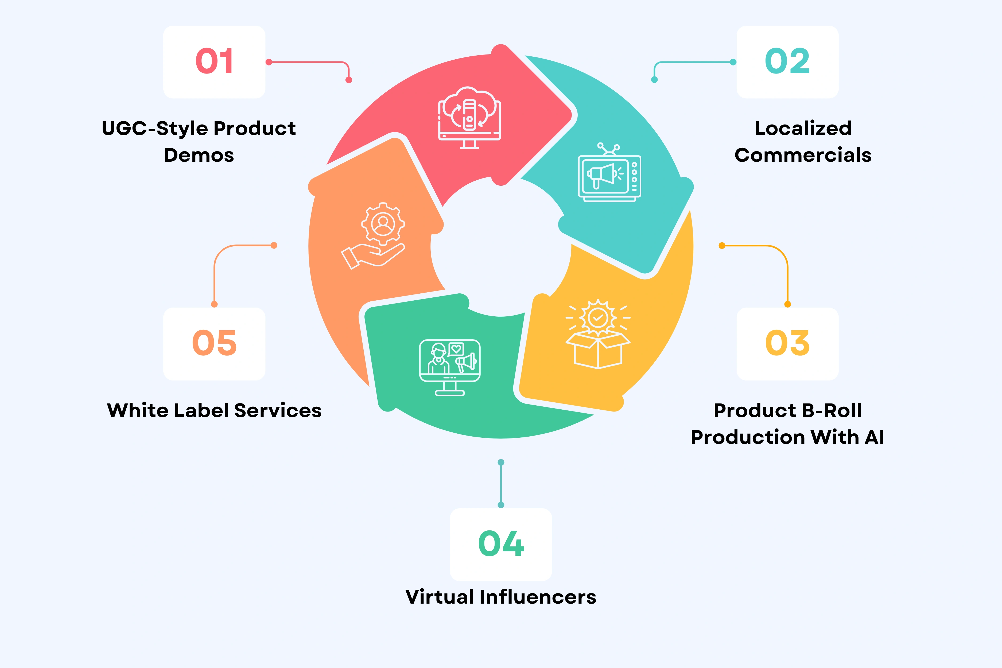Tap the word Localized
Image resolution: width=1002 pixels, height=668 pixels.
(x=803, y=128)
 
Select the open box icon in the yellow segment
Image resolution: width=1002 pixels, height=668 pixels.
(x=598, y=335)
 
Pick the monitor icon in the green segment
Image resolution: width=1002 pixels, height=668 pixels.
(x=450, y=367)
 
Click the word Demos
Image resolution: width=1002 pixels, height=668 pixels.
(x=199, y=155)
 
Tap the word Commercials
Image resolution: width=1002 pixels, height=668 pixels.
(x=803, y=155)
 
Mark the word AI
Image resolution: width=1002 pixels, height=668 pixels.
(x=874, y=437)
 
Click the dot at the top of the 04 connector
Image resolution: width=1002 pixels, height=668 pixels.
(x=501, y=462)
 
